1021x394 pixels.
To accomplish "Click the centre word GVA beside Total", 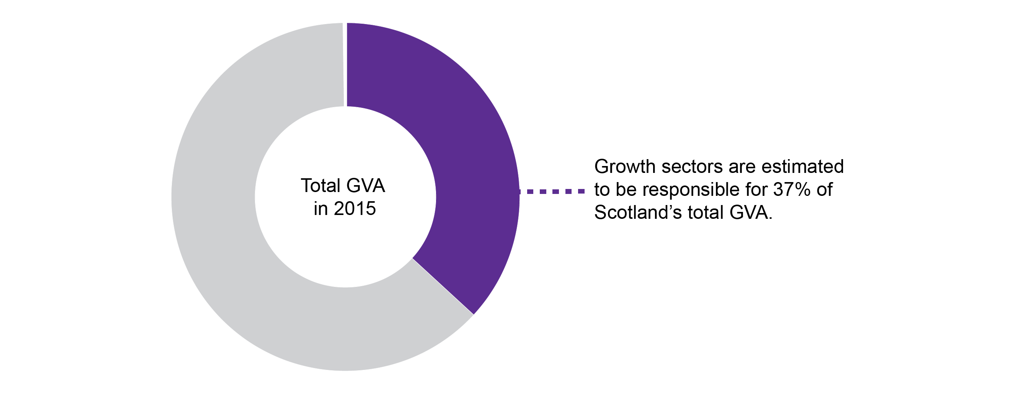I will (x=365, y=186).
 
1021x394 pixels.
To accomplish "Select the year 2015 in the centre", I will (x=355, y=209).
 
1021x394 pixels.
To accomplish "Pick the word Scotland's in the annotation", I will (x=638, y=213).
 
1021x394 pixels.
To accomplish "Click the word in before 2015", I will (x=320, y=209).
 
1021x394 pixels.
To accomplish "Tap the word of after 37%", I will (x=824, y=190).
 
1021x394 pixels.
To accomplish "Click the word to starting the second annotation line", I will (x=601, y=190).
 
